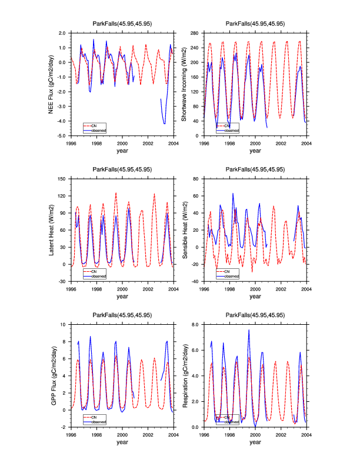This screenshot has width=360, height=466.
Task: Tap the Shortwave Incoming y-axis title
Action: [184, 84]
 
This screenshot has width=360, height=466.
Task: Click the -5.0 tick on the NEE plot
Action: [61, 136]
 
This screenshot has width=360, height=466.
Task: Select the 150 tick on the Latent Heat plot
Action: [63, 178]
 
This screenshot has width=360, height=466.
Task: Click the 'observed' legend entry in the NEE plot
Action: [98, 130]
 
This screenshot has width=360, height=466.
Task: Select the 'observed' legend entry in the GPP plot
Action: [98, 421]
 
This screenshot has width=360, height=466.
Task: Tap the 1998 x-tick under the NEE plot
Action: [96, 143]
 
